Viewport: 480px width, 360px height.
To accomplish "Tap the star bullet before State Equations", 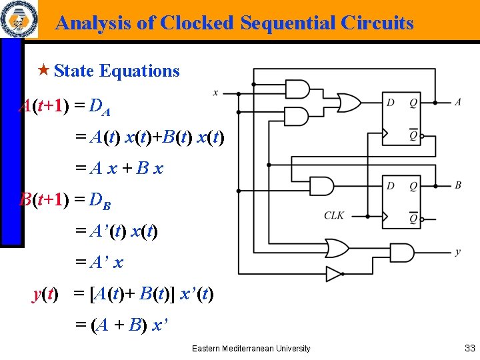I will (45, 71).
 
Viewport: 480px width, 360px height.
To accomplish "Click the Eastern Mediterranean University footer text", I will (251, 348).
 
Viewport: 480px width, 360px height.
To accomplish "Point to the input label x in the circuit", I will (215, 93).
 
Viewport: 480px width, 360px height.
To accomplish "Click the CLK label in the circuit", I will (334, 215).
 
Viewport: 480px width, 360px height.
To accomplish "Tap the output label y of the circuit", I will (457, 252).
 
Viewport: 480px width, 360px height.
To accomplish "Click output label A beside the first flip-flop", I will (458, 102).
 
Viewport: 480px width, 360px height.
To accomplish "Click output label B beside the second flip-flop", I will (458, 185).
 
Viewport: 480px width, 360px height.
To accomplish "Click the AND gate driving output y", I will (404, 252).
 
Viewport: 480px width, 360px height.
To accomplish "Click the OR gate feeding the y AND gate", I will (335, 248).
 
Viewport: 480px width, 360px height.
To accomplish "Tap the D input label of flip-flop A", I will (390, 103).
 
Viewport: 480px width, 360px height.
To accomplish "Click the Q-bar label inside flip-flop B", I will (413, 217).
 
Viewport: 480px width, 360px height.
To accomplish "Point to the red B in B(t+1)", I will (26, 199).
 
